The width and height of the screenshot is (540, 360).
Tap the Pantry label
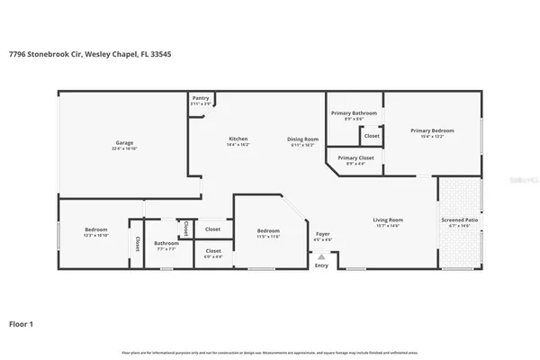201,99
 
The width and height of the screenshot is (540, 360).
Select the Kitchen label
238,139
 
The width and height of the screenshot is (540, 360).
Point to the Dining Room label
302,139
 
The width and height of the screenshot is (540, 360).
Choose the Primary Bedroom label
432,130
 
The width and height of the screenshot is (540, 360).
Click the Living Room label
388,220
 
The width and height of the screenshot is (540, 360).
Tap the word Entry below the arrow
321,265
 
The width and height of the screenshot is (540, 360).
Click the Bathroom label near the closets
166,243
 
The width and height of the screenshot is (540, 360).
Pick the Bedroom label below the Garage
96,229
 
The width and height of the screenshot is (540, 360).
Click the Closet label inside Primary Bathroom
372,136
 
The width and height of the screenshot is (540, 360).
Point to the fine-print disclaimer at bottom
270,352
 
